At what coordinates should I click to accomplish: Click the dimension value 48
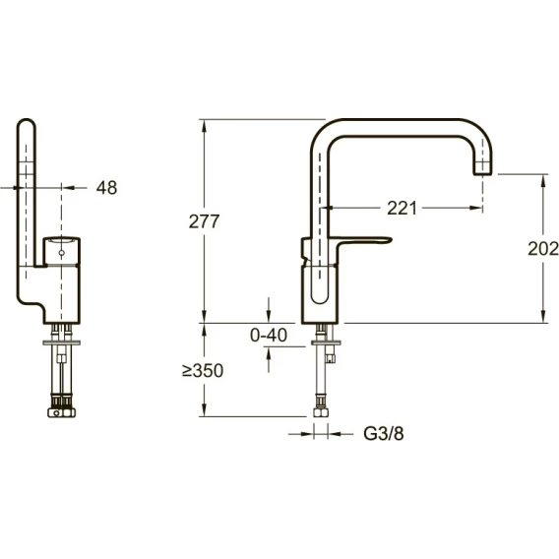pyautogui.click(x=106, y=188)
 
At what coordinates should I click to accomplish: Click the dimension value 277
pyautogui.click(x=204, y=221)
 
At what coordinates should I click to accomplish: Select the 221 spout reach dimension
pyautogui.click(x=402, y=209)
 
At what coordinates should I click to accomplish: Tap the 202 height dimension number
pyautogui.click(x=543, y=248)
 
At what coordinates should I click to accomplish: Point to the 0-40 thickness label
pyautogui.click(x=269, y=336)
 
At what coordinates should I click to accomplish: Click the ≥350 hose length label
pyautogui.click(x=203, y=371)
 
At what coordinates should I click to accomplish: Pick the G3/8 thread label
pyautogui.click(x=384, y=434)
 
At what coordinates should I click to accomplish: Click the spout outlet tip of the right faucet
pyautogui.click(x=482, y=173)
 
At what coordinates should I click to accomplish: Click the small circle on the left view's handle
pyautogui.click(x=61, y=253)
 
